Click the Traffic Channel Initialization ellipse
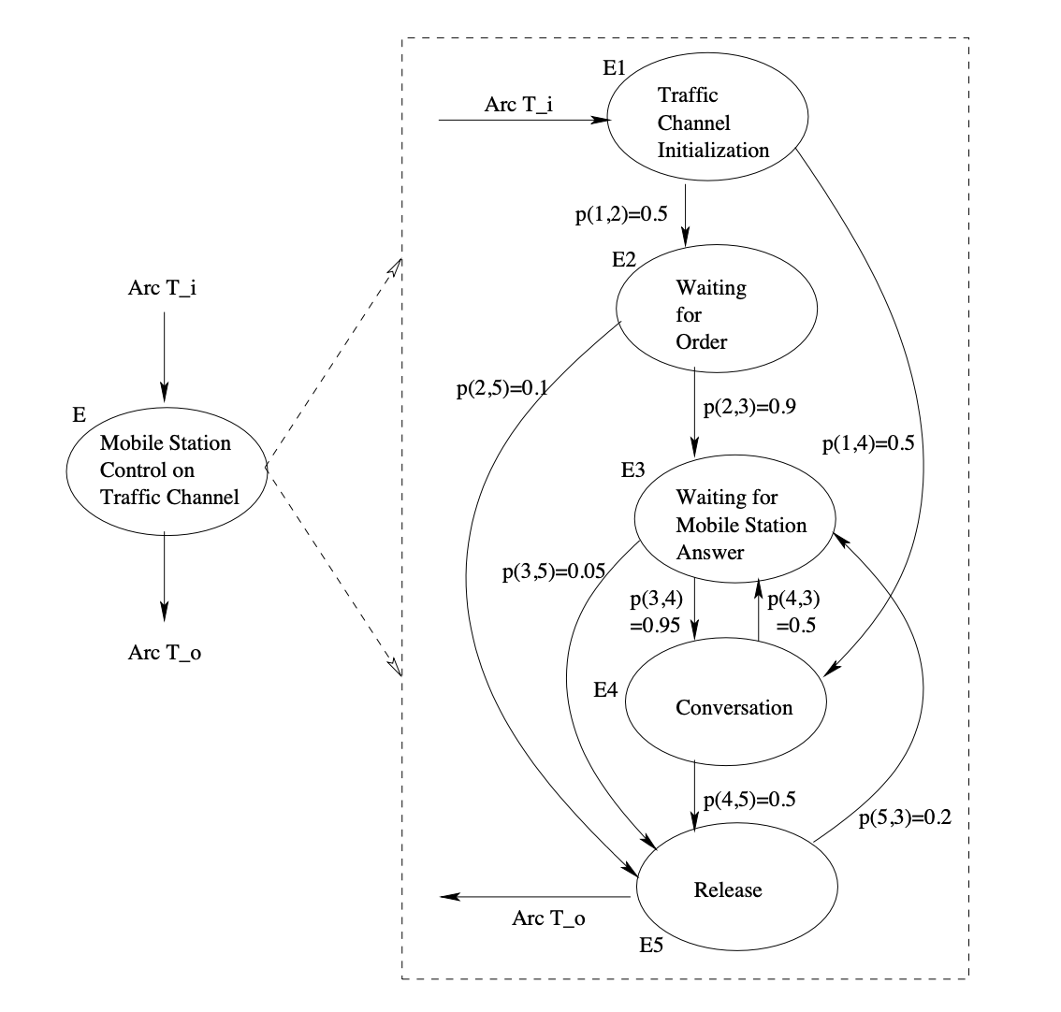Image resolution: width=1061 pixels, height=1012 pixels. (x=708, y=123)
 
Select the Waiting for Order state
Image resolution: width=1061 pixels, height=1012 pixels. (x=716, y=314)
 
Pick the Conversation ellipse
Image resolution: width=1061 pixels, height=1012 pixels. (x=726, y=706)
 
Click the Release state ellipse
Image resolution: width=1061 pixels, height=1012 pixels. (x=736, y=889)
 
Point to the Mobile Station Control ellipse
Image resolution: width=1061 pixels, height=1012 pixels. (x=167, y=470)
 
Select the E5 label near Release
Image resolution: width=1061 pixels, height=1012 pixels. (x=651, y=945)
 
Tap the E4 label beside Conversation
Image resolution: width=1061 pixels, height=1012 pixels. (x=606, y=690)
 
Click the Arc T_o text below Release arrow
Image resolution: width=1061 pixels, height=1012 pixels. (x=549, y=918)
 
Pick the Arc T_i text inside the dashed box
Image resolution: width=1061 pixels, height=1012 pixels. (x=518, y=104)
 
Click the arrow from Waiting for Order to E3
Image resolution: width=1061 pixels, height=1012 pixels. (x=694, y=411)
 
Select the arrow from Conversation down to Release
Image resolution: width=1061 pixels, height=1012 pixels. (x=694, y=794)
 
